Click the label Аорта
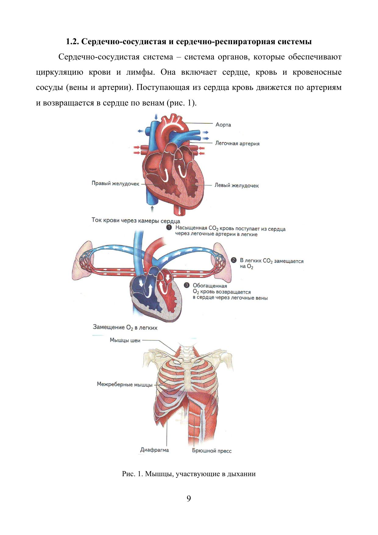[223, 125]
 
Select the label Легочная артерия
[237, 143]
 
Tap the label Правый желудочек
[115, 184]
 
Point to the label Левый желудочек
[236, 185]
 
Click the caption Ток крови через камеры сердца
[136, 220]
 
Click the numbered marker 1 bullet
[169, 228]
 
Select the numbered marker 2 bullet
[234, 260]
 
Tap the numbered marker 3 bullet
[187, 285]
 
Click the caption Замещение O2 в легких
[125, 327]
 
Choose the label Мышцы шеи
[125, 340]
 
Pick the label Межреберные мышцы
[125, 384]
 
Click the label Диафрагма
[154, 450]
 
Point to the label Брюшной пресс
[212, 451]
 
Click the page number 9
[189, 499]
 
